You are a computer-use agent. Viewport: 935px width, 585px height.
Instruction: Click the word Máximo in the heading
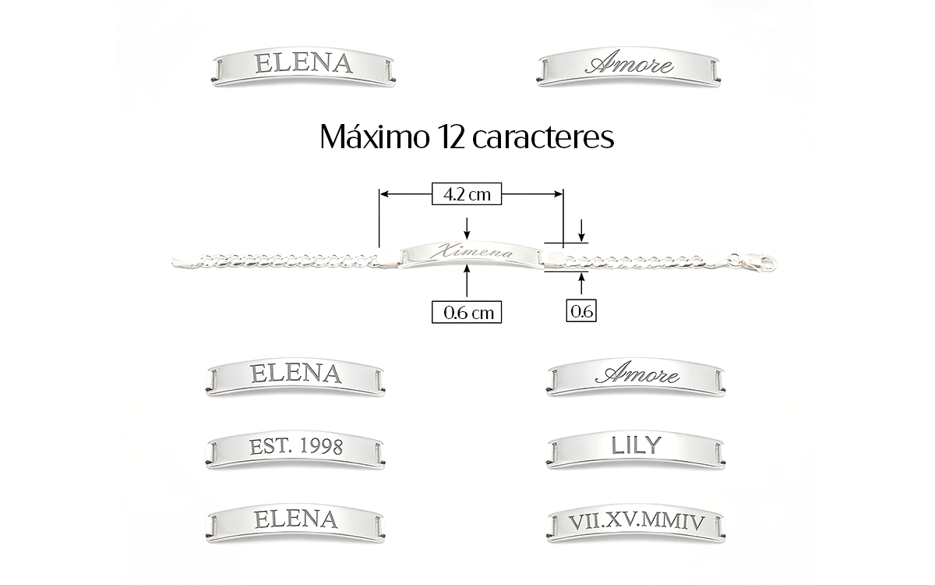(375, 137)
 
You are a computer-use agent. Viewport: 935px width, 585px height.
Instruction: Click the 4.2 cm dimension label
(467, 194)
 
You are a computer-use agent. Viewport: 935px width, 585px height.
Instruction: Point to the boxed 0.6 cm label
(467, 312)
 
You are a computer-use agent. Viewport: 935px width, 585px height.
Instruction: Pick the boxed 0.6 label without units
(581, 310)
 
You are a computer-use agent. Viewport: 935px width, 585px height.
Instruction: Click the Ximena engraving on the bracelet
(471, 250)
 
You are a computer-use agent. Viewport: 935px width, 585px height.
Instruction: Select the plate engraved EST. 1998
(295, 449)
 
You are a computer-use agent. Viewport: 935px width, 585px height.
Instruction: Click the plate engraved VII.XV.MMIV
(636, 524)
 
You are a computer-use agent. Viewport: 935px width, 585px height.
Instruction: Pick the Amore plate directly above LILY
(636, 377)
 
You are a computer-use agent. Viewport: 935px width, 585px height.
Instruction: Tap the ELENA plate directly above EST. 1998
(295, 377)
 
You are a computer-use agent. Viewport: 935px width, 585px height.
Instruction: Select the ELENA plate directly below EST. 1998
(295, 523)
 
